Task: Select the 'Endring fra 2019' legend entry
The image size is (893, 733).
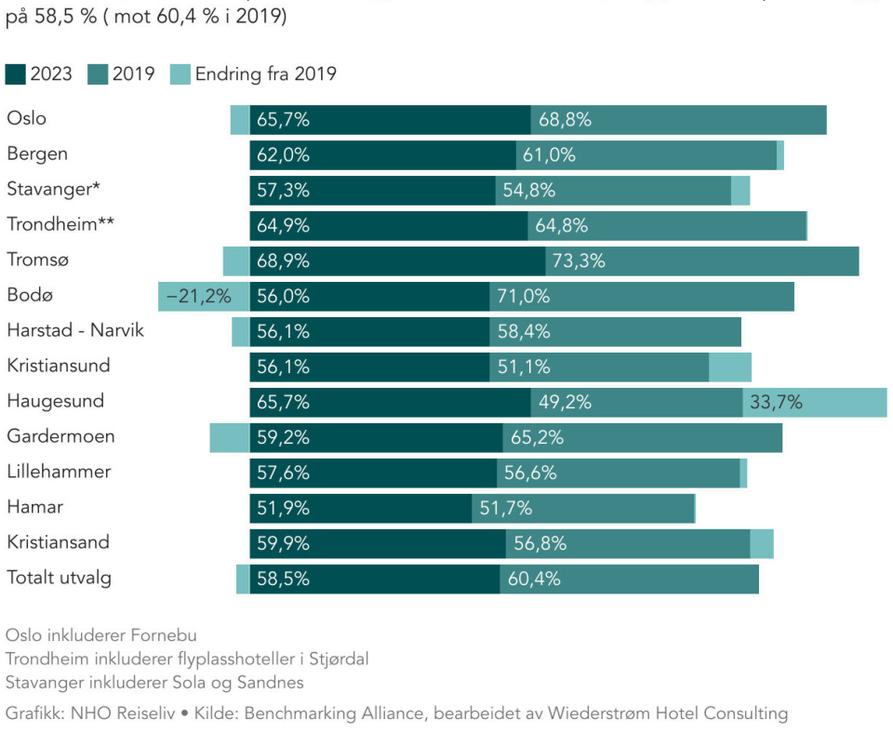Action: click(254, 74)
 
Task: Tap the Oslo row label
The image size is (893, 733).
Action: click(26, 119)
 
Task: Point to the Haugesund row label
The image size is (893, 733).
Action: click(55, 402)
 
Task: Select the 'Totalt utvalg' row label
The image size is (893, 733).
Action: click(59, 578)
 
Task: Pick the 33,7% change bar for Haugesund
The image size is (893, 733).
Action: click(814, 403)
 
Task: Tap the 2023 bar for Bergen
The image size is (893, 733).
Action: click(382, 155)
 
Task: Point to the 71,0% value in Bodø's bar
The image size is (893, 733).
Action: click(523, 297)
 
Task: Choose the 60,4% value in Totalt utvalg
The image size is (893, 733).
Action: click(534, 579)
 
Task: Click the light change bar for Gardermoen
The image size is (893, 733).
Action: click(229, 437)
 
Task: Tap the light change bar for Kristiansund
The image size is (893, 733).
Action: click(729, 366)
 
